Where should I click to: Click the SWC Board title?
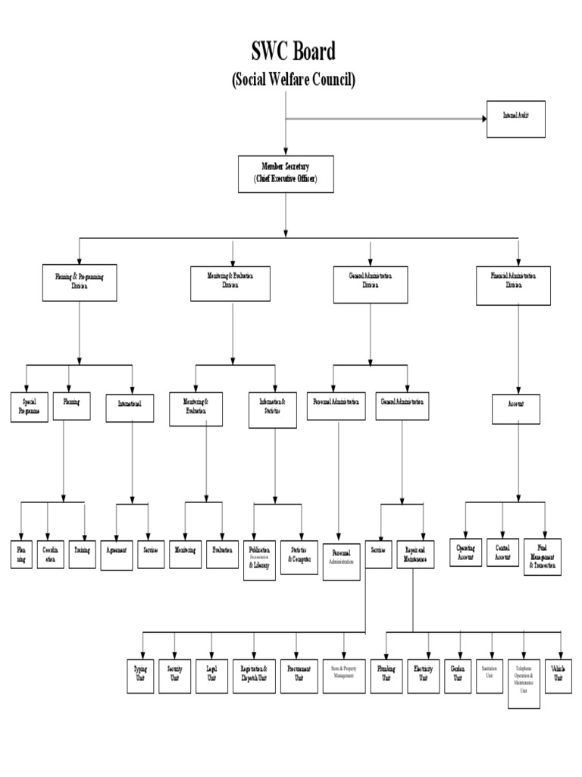coord(293,52)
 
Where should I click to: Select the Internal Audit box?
coord(516,118)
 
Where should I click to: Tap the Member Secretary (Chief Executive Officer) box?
coord(286,172)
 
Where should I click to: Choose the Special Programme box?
coord(30,407)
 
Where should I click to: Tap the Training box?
coord(84,549)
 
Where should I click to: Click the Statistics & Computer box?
coord(299,556)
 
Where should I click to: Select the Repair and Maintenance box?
coord(415,553)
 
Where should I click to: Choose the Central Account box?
coord(502,553)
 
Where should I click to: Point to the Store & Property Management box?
coord(343,672)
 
